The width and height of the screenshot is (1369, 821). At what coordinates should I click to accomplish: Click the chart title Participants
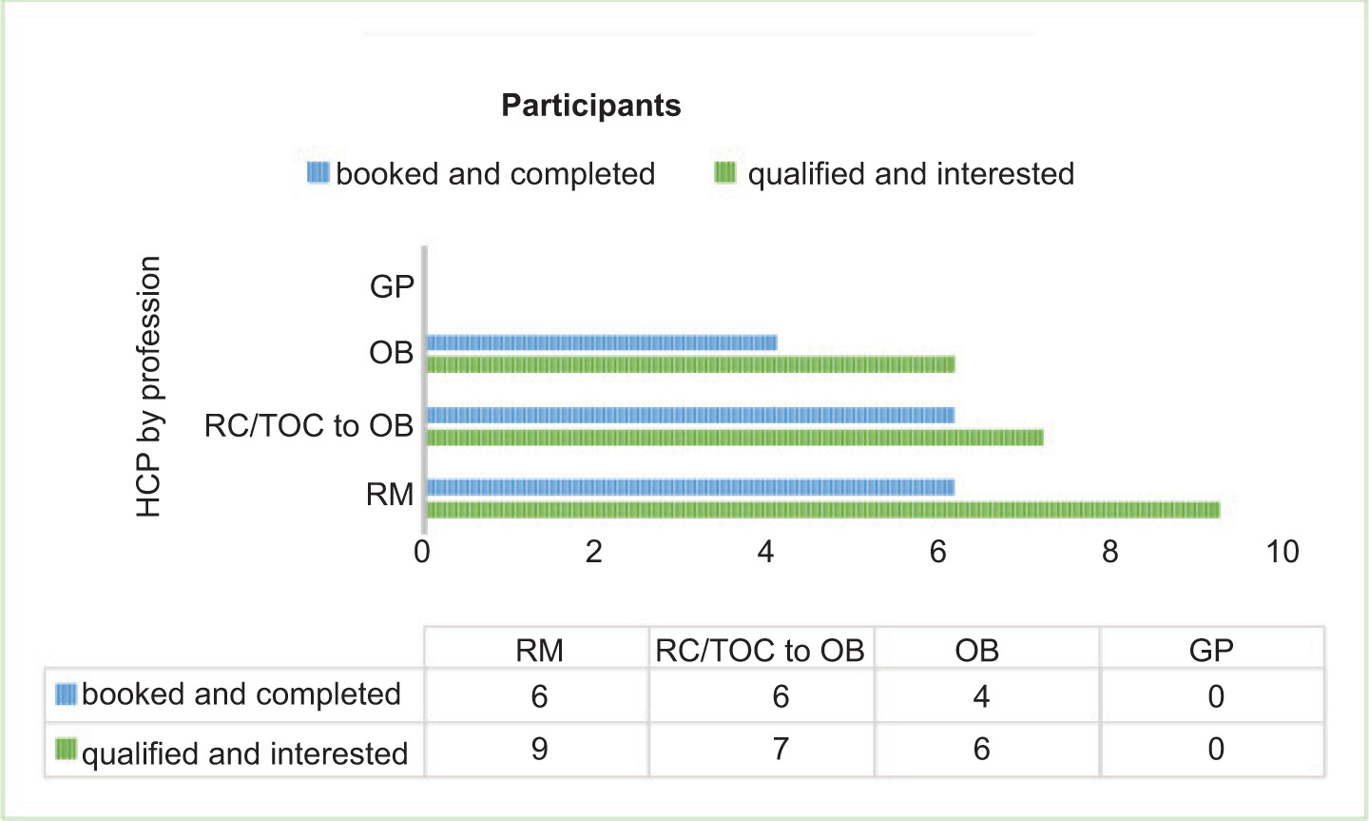pyautogui.click(x=591, y=106)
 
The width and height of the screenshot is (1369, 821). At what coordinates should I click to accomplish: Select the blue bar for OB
pyautogui.click(x=602, y=342)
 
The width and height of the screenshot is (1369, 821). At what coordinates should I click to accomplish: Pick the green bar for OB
pyautogui.click(x=690, y=364)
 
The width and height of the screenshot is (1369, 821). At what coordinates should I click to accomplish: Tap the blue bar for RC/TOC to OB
pyautogui.click(x=690, y=415)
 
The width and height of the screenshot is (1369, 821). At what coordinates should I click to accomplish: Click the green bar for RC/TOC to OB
pyautogui.click(x=735, y=438)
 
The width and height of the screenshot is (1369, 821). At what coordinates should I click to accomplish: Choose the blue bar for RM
pyautogui.click(x=690, y=487)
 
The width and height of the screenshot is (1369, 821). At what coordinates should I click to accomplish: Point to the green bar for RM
pyautogui.click(x=823, y=510)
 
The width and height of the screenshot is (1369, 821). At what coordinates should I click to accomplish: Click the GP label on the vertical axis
pyautogui.click(x=392, y=286)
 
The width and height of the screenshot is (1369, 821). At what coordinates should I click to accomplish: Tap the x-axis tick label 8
pyautogui.click(x=1109, y=552)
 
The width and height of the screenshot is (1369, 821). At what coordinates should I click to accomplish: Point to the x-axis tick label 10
pyautogui.click(x=1282, y=552)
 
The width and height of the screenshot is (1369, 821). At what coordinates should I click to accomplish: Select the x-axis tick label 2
pyautogui.click(x=593, y=552)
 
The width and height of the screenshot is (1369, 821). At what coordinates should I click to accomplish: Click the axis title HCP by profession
pyautogui.click(x=148, y=386)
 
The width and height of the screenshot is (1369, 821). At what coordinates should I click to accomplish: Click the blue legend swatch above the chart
pyautogui.click(x=318, y=172)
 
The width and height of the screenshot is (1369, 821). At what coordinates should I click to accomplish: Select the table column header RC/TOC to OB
pyautogui.click(x=760, y=651)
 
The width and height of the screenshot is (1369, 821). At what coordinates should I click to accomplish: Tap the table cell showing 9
pyautogui.click(x=539, y=749)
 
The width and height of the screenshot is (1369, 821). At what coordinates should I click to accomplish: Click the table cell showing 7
pyautogui.click(x=781, y=749)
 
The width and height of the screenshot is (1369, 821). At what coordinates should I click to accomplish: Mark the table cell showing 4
pyautogui.click(x=981, y=696)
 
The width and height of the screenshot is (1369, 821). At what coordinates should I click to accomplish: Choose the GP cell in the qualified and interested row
pyautogui.click(x=1216, y=749)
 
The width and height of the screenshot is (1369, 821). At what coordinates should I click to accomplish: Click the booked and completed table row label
pyautogui.click(x=241, y=694)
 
